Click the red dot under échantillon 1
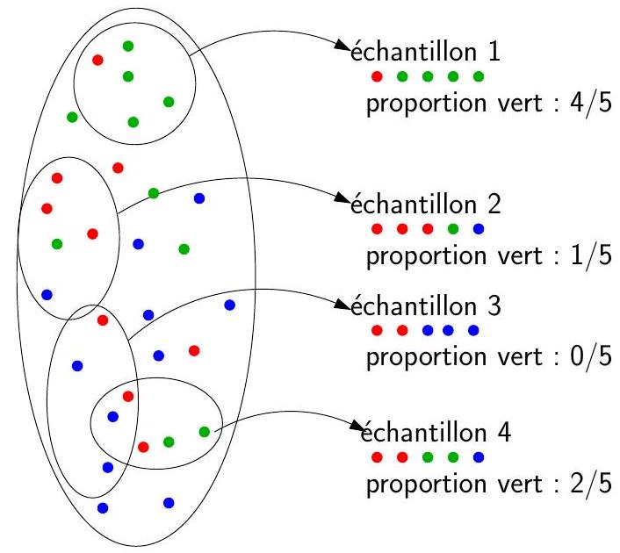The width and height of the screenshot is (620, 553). pyautogui.click(x=377, y=76)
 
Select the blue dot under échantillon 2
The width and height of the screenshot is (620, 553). pyautogui.click(x=478, y=230)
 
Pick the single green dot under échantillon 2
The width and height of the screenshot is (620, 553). pyautogui.click(x=453, y=230)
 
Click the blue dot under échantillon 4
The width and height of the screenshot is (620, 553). pyautogui.click(x=478, y=457)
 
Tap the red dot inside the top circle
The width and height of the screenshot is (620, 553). pyautogui.click(x=98, y=60)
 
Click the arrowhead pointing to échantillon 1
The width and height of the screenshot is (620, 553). pyautogui.click(x=345, y=50)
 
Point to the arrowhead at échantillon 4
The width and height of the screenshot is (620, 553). pyautogui.click(x=356, y=430)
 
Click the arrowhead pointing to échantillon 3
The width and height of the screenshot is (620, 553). pyautogui.click(x=345, y=305)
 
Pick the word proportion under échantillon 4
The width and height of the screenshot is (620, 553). pyautogui.click(x=418, y=485)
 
